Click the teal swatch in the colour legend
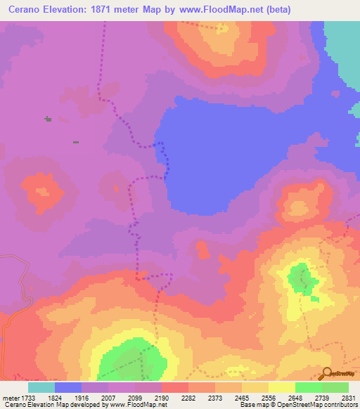click(41, 387)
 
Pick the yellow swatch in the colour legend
click(282, 387)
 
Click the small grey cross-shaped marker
click(48, 119)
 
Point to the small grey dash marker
click(75, 142)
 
